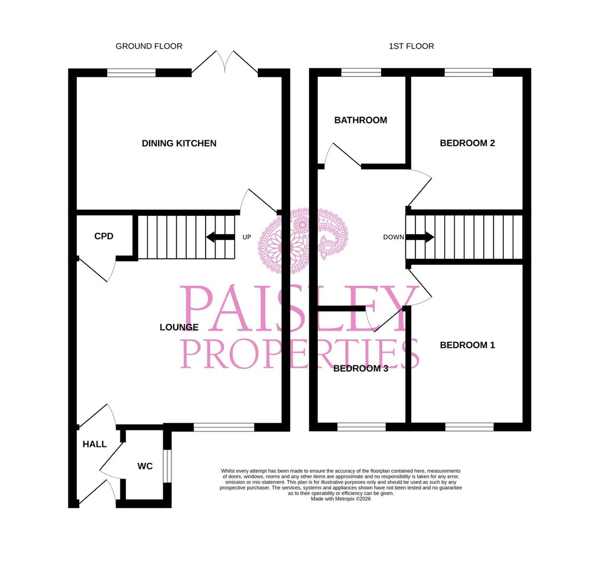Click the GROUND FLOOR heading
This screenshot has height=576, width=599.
click(149, 46)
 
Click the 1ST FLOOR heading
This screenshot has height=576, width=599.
click(411, 46)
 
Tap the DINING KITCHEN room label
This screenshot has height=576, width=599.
click(179, 143)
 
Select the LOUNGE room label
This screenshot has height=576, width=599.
click(179, 327)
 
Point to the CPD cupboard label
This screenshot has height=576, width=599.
click(104, 236)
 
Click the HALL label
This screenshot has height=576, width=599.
click(94, 444)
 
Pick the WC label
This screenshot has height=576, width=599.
click(145, 467)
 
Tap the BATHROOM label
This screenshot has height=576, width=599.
click(360, 121)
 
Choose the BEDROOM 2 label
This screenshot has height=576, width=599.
click(467, 143)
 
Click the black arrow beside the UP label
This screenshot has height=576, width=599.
click(220, 237)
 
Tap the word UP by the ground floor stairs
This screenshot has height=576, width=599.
click(247, 237)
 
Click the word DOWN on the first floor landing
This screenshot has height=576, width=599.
click(393, 237)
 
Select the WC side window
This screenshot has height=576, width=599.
click(167, 466)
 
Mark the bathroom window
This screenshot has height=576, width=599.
click(361, 73)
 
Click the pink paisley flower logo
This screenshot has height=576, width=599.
click(302, 240)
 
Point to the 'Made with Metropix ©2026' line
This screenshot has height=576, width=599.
click(341, 499)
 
